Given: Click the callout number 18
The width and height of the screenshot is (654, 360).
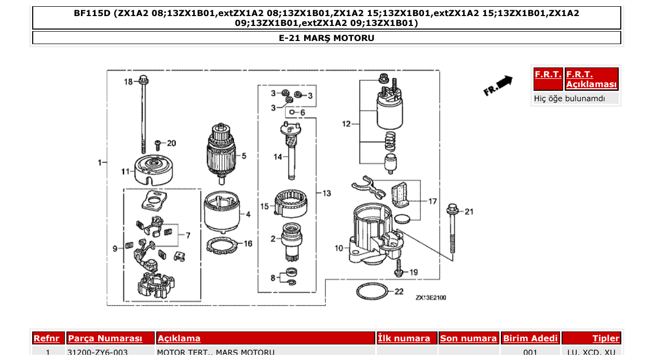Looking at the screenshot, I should tap(128, 81).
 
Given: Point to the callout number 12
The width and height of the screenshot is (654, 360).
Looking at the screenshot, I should tap(347, 124).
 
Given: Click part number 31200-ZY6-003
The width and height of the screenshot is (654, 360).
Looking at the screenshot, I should tap(98, 353).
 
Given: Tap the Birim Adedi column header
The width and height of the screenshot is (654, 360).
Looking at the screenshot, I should tap(530, 338).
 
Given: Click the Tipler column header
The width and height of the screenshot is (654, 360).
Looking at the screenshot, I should tap(606, 338).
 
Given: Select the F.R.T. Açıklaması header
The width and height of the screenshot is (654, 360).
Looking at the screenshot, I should tap(591, 79).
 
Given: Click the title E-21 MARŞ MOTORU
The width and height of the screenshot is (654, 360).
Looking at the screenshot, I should tap(326, 38).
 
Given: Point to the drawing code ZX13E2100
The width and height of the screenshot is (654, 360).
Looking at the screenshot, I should tap(430, 298).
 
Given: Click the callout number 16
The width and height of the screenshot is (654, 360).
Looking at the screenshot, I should tap(248, 243).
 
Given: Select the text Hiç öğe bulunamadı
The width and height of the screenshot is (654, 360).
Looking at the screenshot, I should tap(569, 98).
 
